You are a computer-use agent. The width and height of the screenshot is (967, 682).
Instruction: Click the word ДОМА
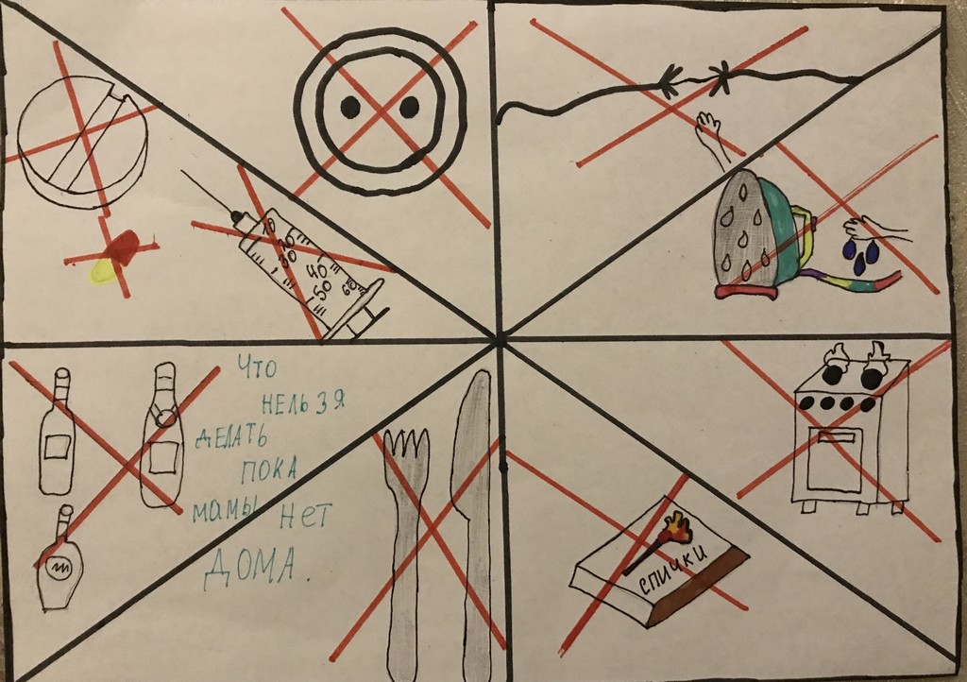[x=250, y=567]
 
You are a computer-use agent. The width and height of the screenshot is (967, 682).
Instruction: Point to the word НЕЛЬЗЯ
[x=303, y=402]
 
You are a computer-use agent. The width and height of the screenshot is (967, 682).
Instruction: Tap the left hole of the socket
[x=349, y=108]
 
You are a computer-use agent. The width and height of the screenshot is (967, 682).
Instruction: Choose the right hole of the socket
[x=409, y=107]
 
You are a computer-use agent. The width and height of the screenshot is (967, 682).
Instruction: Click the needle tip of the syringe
[x=182, y=172]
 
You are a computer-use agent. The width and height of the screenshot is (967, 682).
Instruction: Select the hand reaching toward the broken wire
[x=712, y=136]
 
